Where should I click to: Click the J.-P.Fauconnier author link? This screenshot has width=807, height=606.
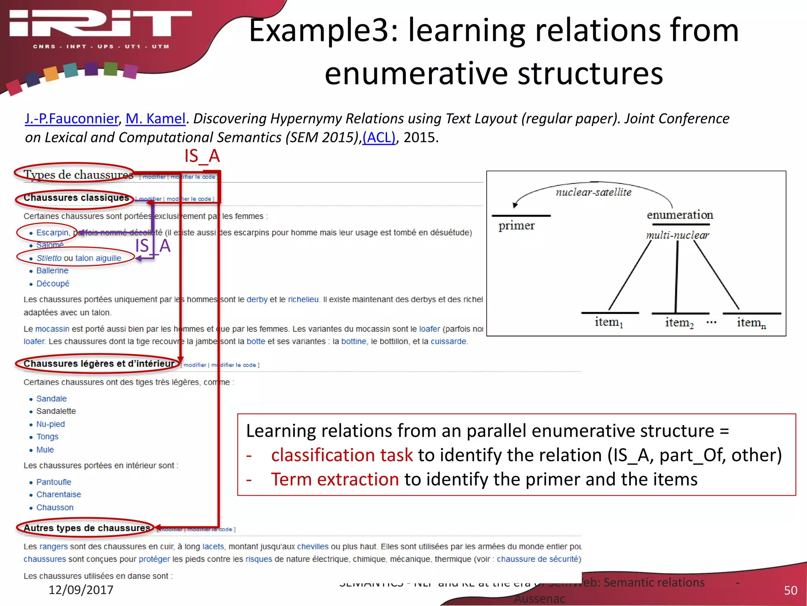(x=71, y=118)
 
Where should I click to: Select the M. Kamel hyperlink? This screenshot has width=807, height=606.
(x=155, y=118)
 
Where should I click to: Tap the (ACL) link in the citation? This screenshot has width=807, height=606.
(x=379, y=137)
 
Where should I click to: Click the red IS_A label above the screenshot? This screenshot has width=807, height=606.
(x=202, y=156)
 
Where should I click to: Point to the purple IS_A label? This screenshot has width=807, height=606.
(x=153, y=246)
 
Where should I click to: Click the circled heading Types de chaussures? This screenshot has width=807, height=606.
(x=78, y=174)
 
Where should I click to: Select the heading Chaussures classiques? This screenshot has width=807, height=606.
(x=76, y=198)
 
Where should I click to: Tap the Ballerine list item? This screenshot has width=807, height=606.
(x=52, y=271)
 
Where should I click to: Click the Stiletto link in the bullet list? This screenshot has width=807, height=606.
(x=49, y=258)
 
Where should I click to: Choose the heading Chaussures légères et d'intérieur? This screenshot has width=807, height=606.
(x=99, y=363)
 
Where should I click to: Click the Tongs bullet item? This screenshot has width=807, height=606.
(x=47, y=437)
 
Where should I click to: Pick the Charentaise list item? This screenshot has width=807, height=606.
(x=58, y=494)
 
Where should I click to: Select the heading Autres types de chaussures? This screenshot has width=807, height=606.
(x=87, y=528)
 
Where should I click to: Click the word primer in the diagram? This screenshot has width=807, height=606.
(x=516, y=226)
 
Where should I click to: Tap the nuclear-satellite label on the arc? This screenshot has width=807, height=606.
(x=593, y=192)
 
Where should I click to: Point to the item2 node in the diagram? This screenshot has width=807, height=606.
(x=679, y=323)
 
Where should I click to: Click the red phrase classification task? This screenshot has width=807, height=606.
(x=342, y=455)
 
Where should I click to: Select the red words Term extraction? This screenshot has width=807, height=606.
(x=335, y=479)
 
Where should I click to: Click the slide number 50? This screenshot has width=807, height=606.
(x=790, y=590)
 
